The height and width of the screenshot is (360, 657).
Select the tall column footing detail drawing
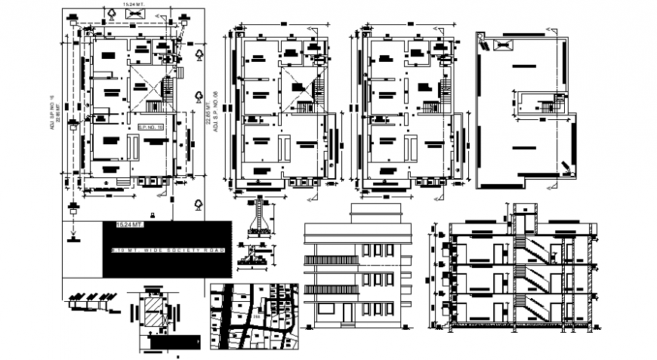pyautogui.click(x=261, y=215)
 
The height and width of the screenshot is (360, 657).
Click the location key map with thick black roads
pyautogui.click(x=256, y=316)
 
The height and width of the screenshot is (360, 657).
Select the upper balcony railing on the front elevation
pyautogui.click(x=331, y=260)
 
